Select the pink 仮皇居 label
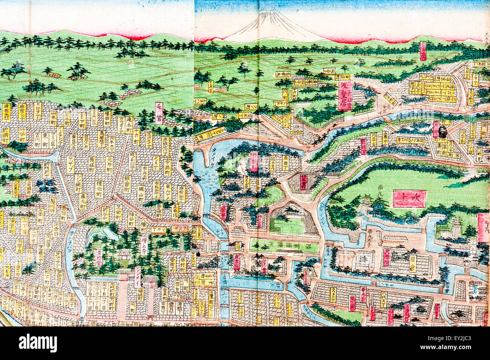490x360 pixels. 345,96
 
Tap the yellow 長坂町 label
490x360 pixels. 92,164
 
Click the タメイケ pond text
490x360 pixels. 208,152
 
